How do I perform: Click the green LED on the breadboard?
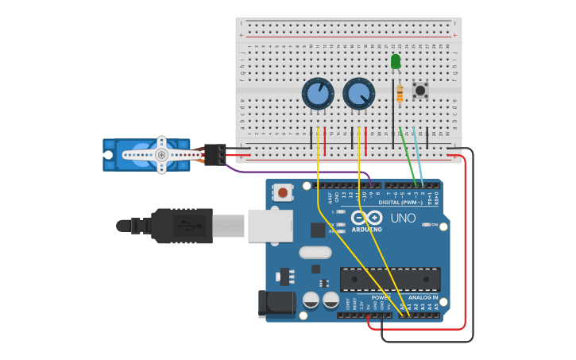tap(396, 62)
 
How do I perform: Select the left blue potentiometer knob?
tap(317, 94)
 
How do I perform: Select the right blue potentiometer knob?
tap(358, 94)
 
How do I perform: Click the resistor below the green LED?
tap(400, 94)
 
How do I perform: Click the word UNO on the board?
tap(404, 218)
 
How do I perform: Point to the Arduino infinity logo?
tap(366, 218)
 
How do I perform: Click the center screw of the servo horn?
tap(161, 155)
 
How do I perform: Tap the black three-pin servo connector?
tap(215, 154)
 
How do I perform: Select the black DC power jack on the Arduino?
tap(276, 304)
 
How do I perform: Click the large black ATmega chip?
tap(390, 280)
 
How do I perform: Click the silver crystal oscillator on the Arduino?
tap(315, 253)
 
